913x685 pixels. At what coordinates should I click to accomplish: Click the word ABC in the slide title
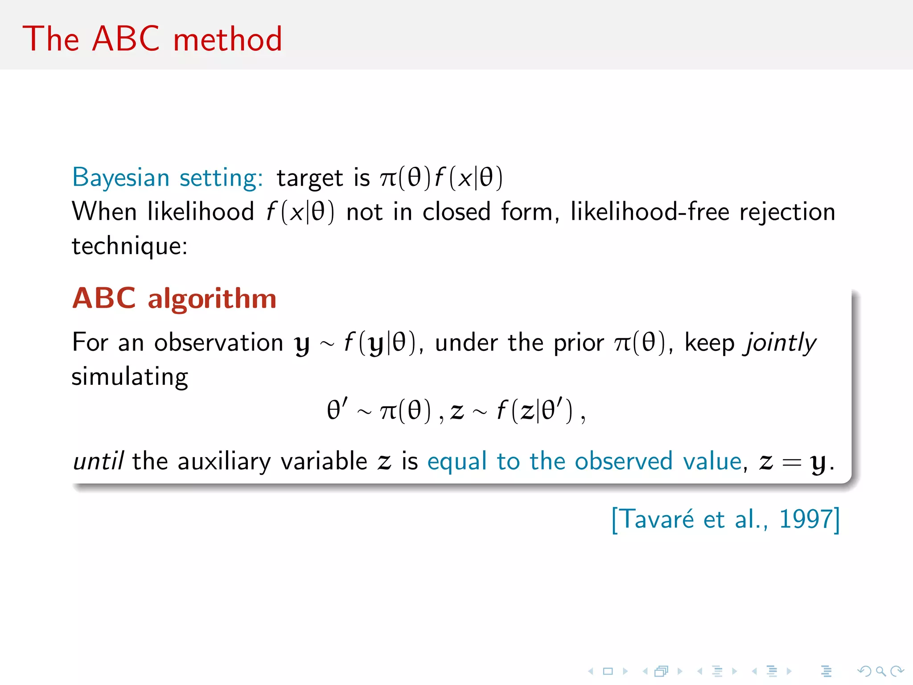126,39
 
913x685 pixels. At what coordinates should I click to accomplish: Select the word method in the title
227,39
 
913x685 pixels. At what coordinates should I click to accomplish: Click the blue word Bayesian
121,177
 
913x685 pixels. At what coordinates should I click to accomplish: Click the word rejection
787,212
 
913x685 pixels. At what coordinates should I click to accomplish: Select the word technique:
130,246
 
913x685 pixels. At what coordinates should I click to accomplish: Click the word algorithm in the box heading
212,298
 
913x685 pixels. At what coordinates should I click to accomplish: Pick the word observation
218,342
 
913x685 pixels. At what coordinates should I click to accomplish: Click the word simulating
130,377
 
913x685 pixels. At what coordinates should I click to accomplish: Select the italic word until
98,461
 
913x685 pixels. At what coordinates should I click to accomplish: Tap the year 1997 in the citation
806,519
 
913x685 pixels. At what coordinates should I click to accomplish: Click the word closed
456,211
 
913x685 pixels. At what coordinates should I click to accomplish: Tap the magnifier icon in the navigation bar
880,671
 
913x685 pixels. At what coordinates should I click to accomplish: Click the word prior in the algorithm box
578,343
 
